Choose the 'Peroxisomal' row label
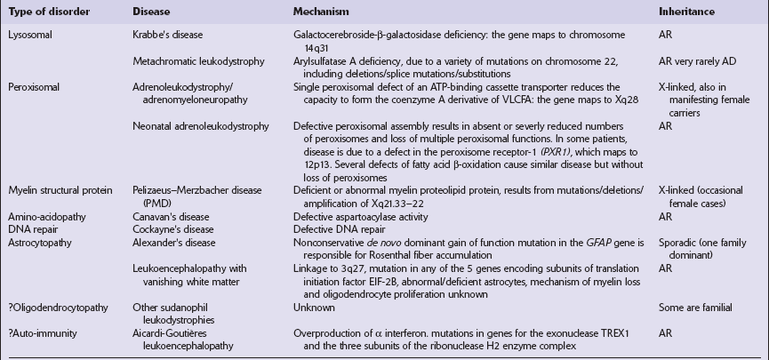tap(36, 86)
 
